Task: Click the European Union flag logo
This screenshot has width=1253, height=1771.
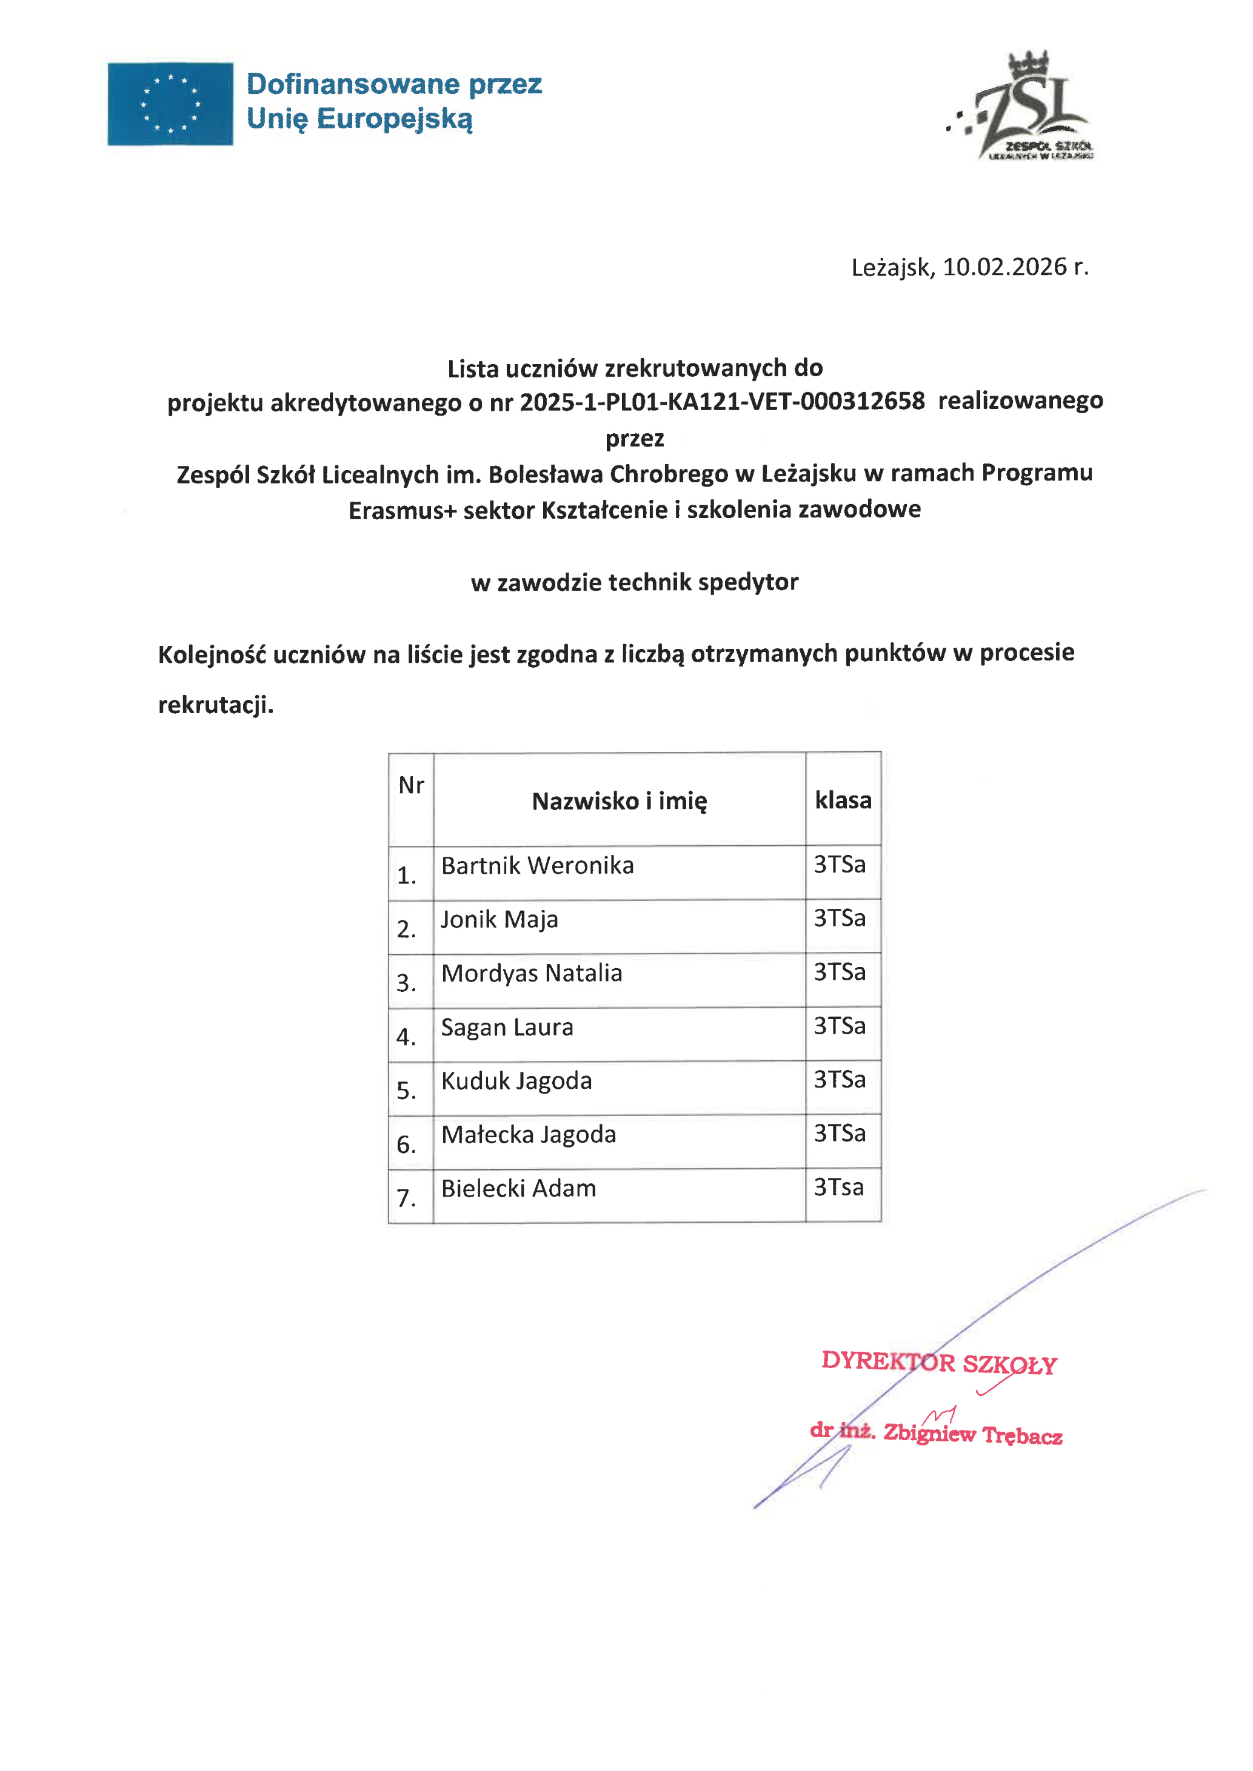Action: pyautogui.click(x=170, y=104)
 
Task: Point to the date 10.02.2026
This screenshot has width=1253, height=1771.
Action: pyautogui.click(x=1004, y=267)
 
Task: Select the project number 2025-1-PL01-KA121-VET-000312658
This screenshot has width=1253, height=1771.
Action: pyautogui.click(x=721, y=401)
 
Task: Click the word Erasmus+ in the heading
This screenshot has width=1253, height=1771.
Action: pyautogui.click(x=402, y=510)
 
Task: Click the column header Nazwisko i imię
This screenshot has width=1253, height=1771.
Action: pyautogui.click(x=619, y=800)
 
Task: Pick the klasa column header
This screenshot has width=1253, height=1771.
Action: pyautogui.click(x=843, y=800)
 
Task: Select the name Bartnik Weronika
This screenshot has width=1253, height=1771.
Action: pyautogui.click(x=537, y=865)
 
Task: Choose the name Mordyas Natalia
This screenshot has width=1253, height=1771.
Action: pyautogui.click(x=532, y=974)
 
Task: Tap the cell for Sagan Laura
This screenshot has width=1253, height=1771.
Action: pyautogui.click(x=507, y=1028)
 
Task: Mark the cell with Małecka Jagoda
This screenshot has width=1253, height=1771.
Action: pyautogui.click(x=529, y=1135)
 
